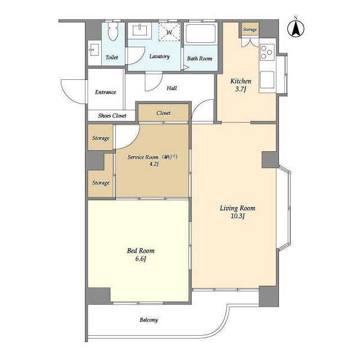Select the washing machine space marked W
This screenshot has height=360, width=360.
(169, 32)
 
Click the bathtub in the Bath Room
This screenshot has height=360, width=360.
(201, 33)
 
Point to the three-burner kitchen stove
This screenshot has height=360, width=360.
(267, 52)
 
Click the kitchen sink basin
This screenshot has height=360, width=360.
(267, 80)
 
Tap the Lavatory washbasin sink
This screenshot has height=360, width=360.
(140, 30)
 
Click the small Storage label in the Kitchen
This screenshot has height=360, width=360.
(250, 30)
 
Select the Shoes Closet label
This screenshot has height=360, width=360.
(112, 116)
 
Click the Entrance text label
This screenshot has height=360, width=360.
(106, 92)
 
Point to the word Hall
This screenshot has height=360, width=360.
(172, 88)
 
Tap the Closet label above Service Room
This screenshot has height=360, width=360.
(164, 113)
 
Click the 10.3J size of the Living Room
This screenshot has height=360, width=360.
(237, 216)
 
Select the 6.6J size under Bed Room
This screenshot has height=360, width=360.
(141, 259)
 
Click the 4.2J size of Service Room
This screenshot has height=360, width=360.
(154, 164)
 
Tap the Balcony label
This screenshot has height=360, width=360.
(148, 320)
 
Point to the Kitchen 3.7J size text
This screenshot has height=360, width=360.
(241, 89)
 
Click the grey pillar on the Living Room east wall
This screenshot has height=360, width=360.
(270, 160)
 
